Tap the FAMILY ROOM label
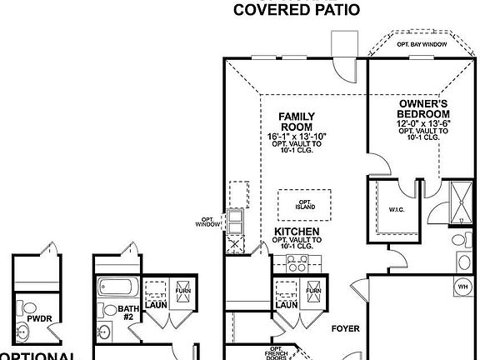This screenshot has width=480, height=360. (x=296, y=122)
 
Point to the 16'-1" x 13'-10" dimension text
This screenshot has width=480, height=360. (x=297, y=136)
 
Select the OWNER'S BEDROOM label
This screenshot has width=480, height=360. (x=422, y=109)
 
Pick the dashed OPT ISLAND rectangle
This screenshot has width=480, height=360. (x=304, y=204)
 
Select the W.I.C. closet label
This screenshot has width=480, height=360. (x=397, y=210)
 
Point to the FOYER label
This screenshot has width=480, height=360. (x=345, y=329)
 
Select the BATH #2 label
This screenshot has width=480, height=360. (x=129, y=312)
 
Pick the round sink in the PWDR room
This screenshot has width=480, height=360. (x=22, y=334)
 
